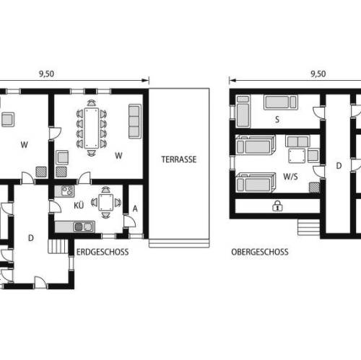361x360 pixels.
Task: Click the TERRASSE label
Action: coord(179,159)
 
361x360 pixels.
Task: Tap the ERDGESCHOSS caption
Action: coord(103,252)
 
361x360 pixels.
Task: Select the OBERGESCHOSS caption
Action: coord(260,252)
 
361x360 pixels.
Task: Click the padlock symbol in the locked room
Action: coord(277,206)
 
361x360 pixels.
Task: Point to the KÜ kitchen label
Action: coord(79,206)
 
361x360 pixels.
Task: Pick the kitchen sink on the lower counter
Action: coord(83,227)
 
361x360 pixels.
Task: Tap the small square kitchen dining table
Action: coord(105,203)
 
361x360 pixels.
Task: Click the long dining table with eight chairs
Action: coord(92,128)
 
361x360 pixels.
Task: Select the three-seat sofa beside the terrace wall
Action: coord(134,121)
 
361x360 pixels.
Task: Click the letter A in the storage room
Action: coord(135,208)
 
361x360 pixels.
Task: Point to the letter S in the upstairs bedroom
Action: coord(277,119)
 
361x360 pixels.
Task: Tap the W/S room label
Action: coord(290,177)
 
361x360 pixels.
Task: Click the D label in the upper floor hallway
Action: coord(339,166)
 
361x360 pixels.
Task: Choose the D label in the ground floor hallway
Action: coord(31,238)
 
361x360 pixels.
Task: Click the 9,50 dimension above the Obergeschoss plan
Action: coord(318,74)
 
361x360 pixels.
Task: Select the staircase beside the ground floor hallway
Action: coord(58,246)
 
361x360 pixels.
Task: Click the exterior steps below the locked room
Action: coord(309,227)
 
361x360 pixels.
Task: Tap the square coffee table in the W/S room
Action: coord(297,156)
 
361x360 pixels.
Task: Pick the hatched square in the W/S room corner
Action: coord(315,188)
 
